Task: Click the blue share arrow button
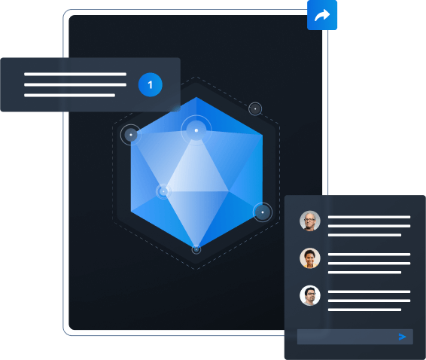click(322, 15)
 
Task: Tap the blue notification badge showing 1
click(151, 85)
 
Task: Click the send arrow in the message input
click(402, 337)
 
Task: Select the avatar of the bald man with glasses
click(310, 221)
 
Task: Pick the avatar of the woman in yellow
click(310, 258)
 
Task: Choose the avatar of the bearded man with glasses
click(310, 295)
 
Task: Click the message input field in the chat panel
click(355, 337)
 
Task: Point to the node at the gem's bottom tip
click(196, 249)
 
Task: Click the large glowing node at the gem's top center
click(196, 130)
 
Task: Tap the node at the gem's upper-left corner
click(131, 135)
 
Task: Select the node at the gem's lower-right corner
click(263, 212)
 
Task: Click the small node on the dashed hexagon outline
click(255, 108)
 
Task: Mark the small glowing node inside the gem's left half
click(163, 191)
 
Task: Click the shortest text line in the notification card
click(69, 95)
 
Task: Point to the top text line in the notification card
click(75, 74)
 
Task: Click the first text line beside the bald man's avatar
click(369, 217)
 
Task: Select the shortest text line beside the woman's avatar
click(364, 272)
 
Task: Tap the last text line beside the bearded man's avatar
click(364, 310)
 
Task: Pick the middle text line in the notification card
click(75, 84)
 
